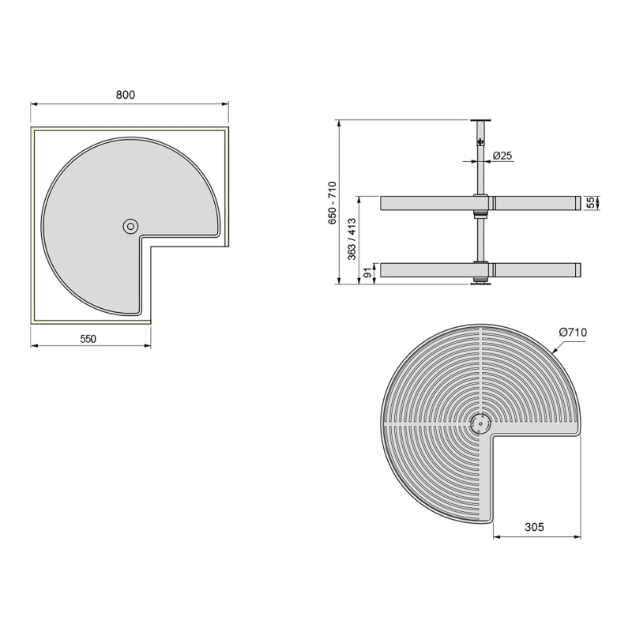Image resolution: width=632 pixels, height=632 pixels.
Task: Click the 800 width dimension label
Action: pos(126,94)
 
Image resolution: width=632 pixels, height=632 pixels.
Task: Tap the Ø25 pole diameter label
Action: pos(502,156)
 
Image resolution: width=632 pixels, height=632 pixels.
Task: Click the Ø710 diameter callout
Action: pos(572,333)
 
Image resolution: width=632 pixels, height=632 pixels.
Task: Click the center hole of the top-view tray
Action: pos(129,227)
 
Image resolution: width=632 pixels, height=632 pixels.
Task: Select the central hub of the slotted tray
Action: pos(478,423)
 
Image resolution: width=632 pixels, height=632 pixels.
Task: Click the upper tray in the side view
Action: pos(427,204)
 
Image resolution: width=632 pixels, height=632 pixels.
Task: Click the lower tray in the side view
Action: pos(427,270)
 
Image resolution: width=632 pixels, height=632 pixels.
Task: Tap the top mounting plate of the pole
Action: pos(478,120)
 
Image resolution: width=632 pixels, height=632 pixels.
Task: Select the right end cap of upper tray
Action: pos(577,204)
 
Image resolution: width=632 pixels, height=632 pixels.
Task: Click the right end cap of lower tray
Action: pos(577,270)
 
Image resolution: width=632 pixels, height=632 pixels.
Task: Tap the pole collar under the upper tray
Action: pos(478,215)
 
